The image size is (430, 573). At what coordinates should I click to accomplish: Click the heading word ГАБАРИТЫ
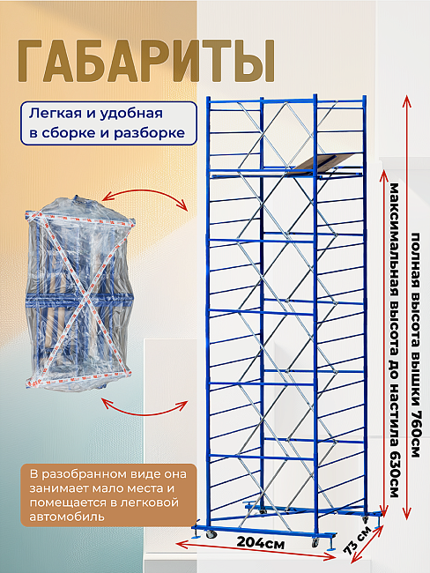coord(146,61)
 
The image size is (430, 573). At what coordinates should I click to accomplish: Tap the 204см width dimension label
coord(261,543)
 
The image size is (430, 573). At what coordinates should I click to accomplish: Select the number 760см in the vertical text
coord(415,433)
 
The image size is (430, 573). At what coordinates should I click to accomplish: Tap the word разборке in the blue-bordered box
coord(150,133)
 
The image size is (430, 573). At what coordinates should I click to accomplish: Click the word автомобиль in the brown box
coord(67,517)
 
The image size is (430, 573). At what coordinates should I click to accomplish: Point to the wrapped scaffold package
coord(79,293)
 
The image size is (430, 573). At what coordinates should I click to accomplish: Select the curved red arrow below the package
coord(145,410)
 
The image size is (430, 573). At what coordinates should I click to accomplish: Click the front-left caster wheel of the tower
coord(210,535)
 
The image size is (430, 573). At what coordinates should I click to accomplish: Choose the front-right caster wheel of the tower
coord(315,543)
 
